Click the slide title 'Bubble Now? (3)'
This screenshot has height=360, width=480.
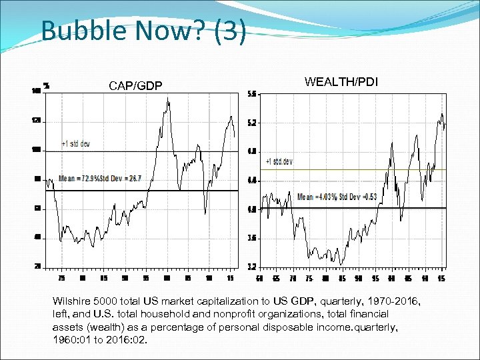[143, 30]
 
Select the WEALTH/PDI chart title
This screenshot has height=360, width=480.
[341, 81]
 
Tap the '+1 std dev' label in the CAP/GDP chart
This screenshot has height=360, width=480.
[75, 143]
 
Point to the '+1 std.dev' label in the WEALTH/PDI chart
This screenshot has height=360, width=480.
[279, 161]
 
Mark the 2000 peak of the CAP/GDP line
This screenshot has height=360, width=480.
[168, 99]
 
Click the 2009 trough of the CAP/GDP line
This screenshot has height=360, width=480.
[205, 214]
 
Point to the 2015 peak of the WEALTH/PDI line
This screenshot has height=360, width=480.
[441, 114]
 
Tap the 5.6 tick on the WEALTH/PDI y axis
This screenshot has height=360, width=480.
[253, 94]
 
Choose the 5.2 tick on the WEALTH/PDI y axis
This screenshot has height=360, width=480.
[253, 123]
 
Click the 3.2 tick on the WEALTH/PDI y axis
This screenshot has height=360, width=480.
[253, 267]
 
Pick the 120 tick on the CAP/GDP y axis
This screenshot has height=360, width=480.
[35, 121]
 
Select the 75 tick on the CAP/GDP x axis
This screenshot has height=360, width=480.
[61, 278]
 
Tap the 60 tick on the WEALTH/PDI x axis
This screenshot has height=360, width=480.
[261, 278]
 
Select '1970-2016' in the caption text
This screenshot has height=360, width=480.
[396, 302]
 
